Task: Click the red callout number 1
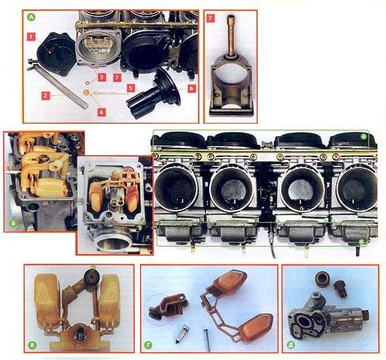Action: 31,37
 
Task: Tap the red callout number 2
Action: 45,96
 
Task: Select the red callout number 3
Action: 101,77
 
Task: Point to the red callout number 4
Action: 101,113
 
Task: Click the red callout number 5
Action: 132,88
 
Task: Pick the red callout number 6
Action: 192,88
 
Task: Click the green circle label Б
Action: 14,223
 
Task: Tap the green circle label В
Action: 32,345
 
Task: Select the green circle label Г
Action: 149,345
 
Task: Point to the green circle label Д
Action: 291,345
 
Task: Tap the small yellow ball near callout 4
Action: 86,93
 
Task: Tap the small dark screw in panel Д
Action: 340,289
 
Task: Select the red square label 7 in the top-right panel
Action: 211,18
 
